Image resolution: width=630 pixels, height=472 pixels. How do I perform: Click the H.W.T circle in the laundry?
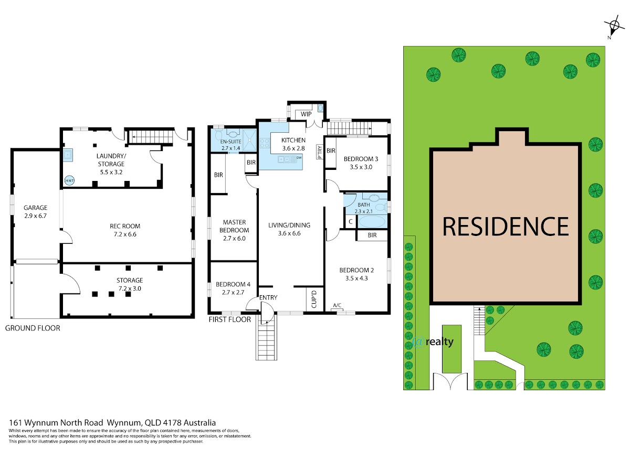tap(69, 180)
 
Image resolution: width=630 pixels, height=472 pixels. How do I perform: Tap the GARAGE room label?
tap(35, 208)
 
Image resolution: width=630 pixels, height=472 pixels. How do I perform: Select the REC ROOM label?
tap(125, 226)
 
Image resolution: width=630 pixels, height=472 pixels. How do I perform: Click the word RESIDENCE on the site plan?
tap(506, 227)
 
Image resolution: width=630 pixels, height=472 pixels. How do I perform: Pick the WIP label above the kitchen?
tap(306, 114)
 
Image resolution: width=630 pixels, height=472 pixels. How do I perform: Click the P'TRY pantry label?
tap(320, 152)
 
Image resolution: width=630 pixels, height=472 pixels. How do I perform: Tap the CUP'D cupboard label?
tap(314, 299)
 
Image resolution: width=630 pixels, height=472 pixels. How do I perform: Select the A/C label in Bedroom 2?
tap(337, 306)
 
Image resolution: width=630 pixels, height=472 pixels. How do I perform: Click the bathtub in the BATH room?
tap(372, 221)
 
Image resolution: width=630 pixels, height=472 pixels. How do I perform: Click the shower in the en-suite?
tap(250, 140)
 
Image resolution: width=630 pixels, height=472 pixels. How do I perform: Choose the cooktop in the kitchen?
tap(265, 143)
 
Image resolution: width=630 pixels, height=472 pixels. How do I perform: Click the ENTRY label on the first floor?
tap(268, 297)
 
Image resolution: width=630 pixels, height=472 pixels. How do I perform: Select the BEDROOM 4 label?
tap(233, 284)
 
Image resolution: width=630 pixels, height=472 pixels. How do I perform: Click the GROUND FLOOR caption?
tap(33, 328)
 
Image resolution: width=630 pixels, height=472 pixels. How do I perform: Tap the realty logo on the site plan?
tap(433, 342)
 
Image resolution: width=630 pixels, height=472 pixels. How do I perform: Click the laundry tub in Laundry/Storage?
tap(68, 155)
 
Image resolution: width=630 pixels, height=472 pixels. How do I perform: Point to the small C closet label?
tap(351, 221)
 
